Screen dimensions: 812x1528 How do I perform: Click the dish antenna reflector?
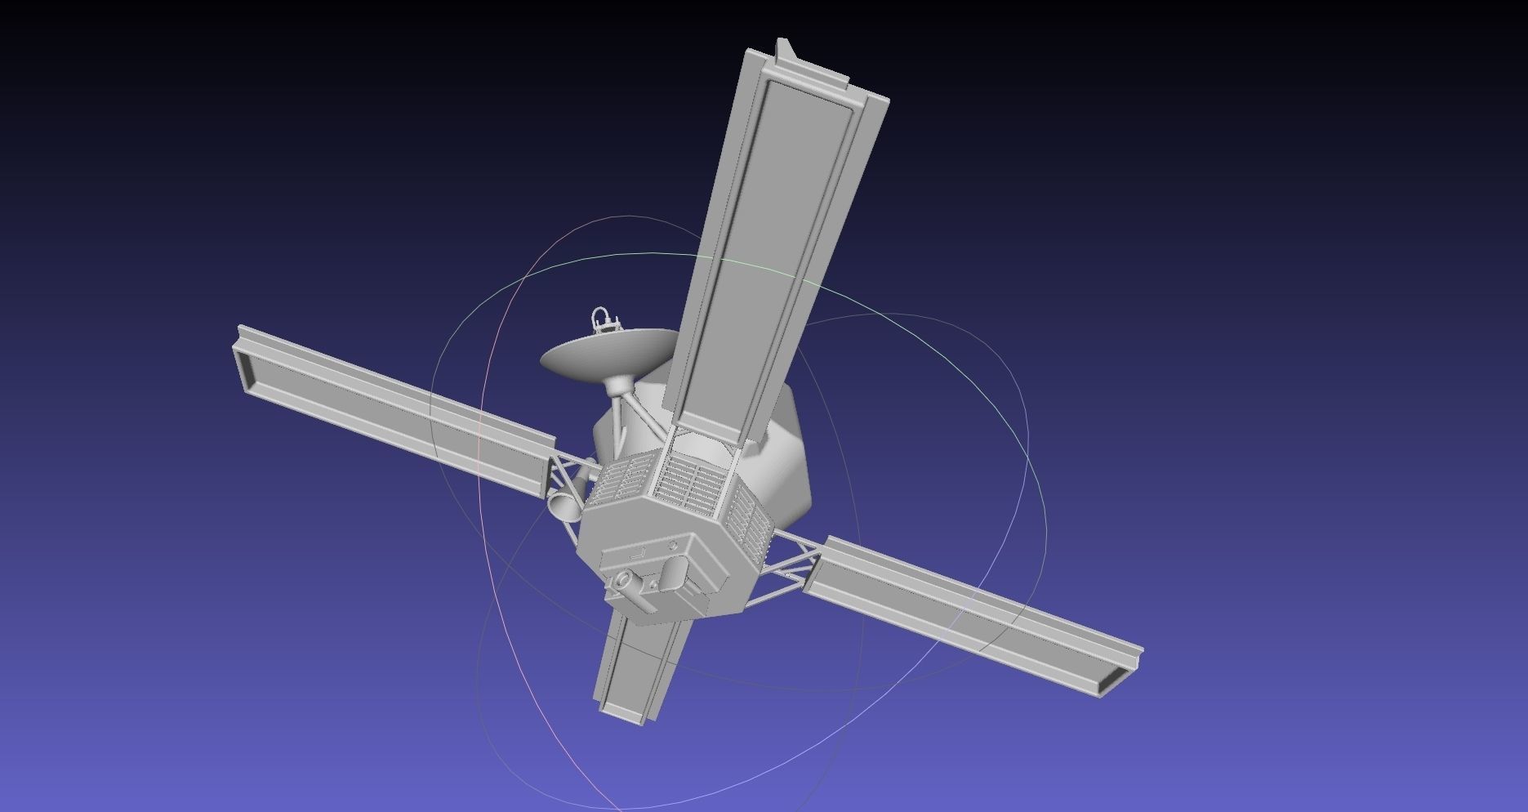coord(600,355)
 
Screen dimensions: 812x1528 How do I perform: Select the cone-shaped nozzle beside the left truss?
coord(564,505)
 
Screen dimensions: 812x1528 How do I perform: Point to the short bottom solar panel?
coord(633,670)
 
